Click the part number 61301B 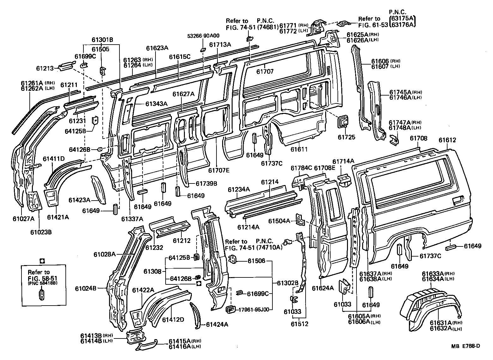pyautogui.click(x=102, y=40)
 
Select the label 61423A pyautogui.click(x=80, y=200)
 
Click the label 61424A pyautogui.click(x=217, y=324)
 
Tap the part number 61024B pyautogui.click(x=86, y=289)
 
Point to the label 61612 pyautogui.click(x=447, y=140)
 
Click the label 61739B pyautogui.click(x=206, y=183)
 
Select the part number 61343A pyautogui.click(x=157, y=103)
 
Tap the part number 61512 pyautogui.click(x=299, y=324)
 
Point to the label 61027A pyautogui.click(x=24, y=218)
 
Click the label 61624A pyautogui.click(x=323, y=288)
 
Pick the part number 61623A pyautogui.click(x=157, y=48)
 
